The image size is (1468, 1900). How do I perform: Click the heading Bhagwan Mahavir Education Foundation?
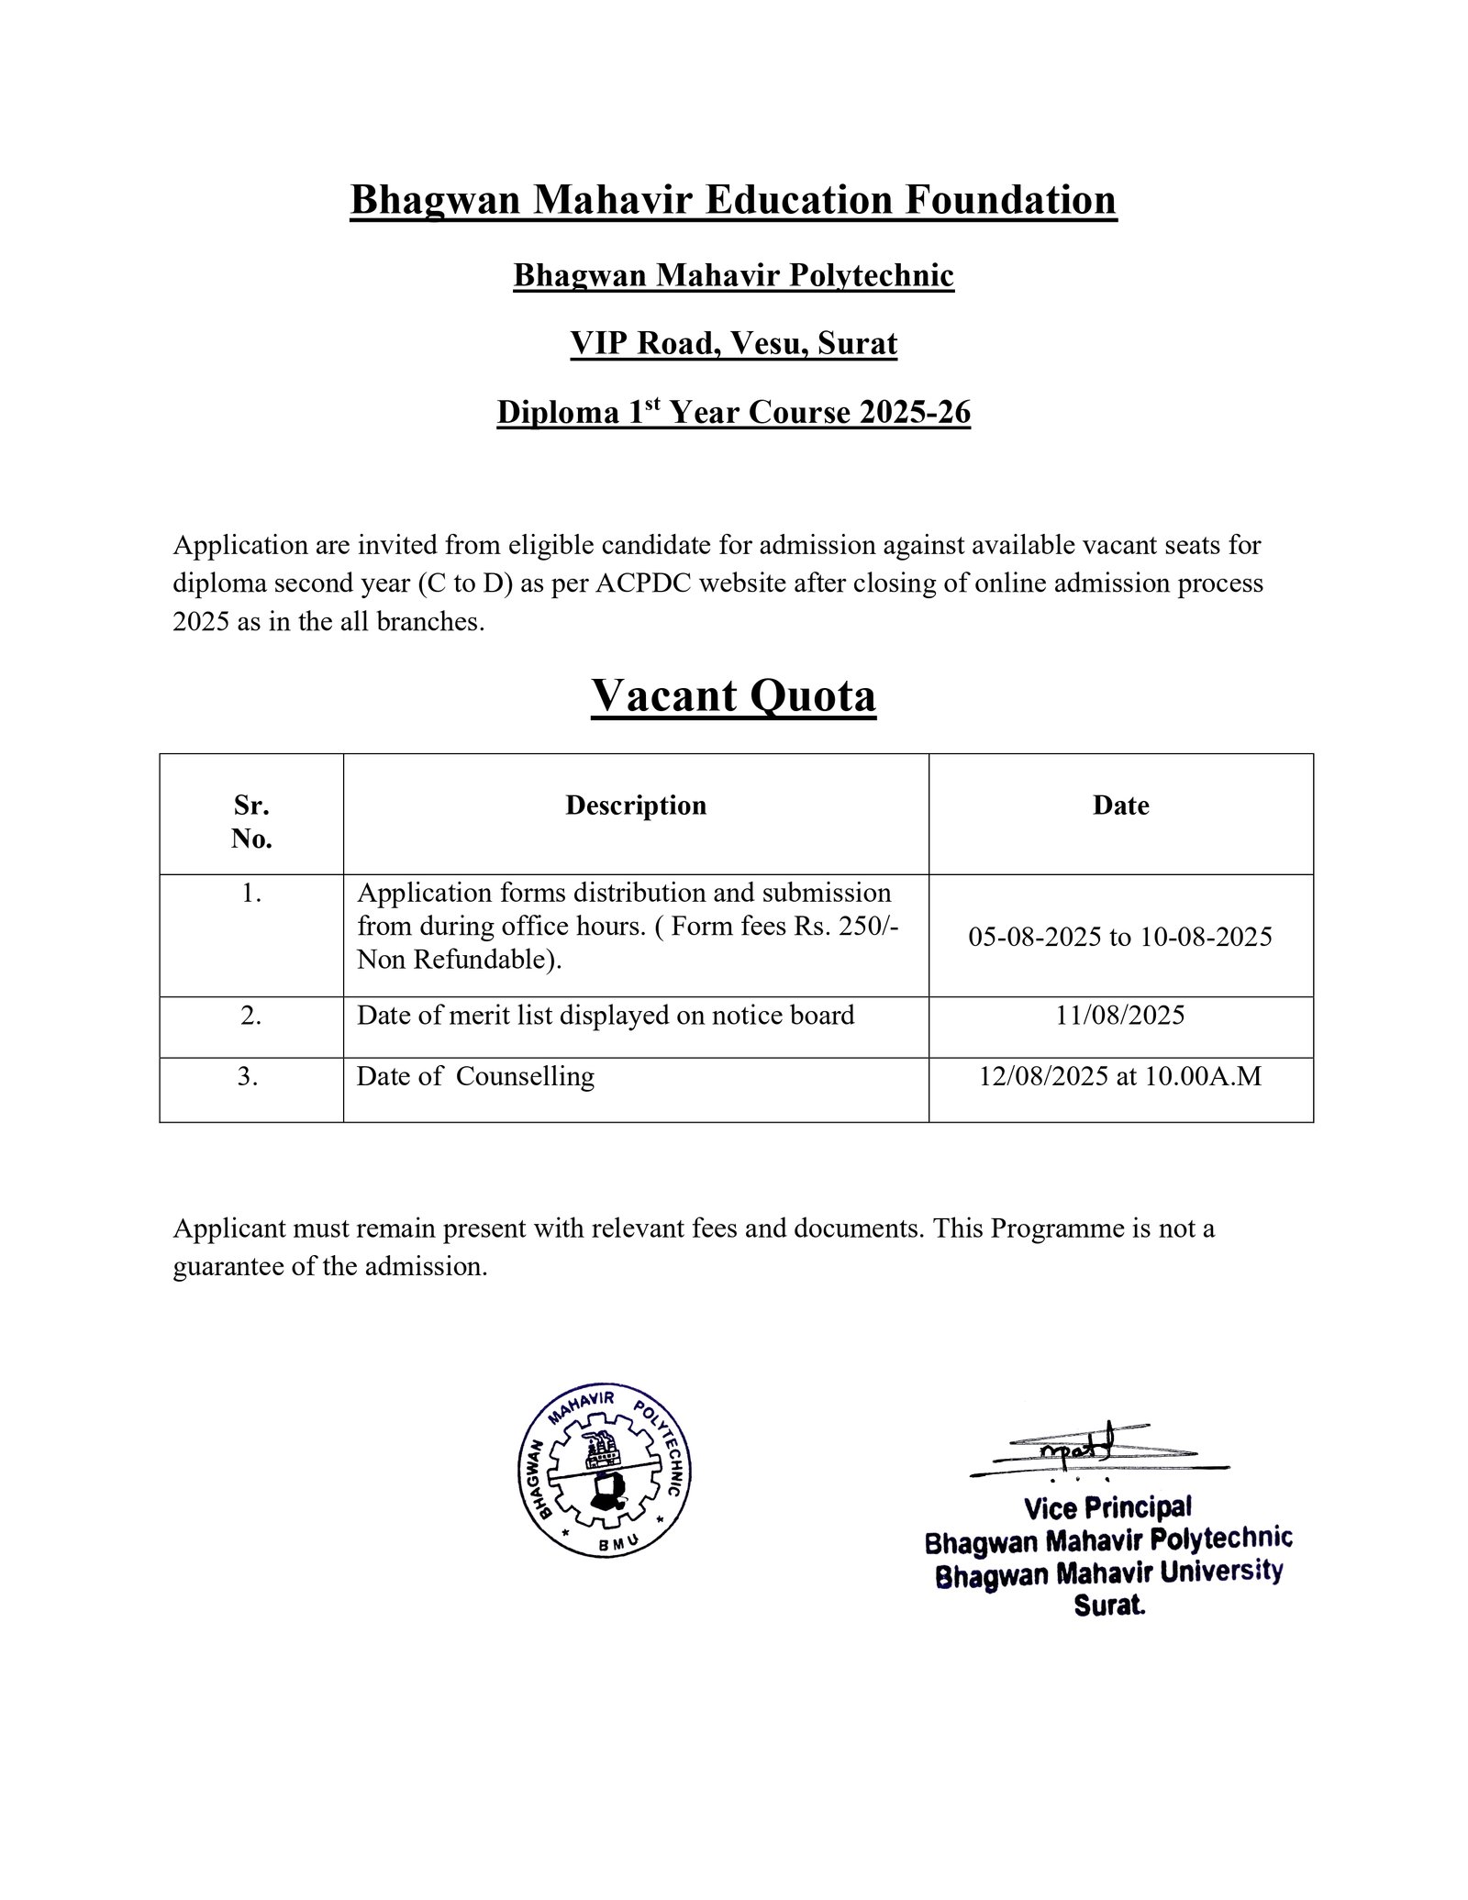tap(733, 200)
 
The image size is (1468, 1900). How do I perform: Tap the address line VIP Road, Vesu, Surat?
tap(733, 344)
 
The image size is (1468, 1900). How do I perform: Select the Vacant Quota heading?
tap(733, 695)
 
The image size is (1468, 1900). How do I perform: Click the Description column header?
tap(636, 806)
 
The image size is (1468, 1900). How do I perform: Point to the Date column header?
tap(1120, 806)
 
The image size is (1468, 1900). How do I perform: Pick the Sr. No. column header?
tap(251, 822)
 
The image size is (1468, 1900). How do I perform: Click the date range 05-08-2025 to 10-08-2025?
tap(1120, 937)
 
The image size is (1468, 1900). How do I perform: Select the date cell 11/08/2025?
tap(1120, 1015)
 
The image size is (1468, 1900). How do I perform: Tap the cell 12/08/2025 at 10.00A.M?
tap(1120, 1076)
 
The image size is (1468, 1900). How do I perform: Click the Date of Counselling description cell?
tap(475, 1076)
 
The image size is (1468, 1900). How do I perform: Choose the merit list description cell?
tap(606, 1015)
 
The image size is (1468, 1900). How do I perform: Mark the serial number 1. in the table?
tap(251, 893)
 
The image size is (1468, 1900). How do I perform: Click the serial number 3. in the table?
tap(248, 1076)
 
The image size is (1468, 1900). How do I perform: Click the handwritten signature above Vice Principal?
tap(1083, 1452)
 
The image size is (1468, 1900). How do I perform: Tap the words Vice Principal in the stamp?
tap(1107, 1507)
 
